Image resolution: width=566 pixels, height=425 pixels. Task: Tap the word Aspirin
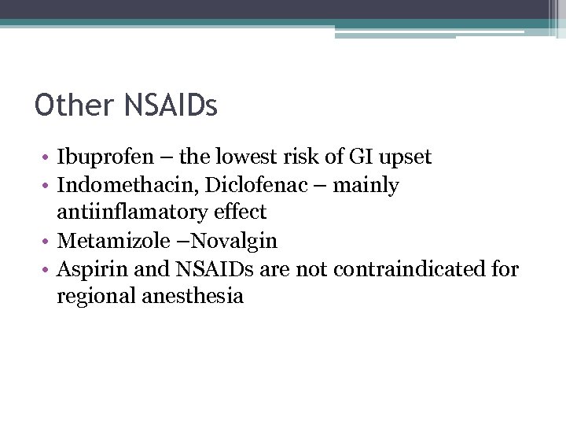click(x=91, y=269)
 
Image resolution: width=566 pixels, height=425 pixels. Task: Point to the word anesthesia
click(x=195, y=296)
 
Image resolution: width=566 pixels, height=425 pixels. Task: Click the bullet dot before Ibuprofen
click(x=47, y=158)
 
